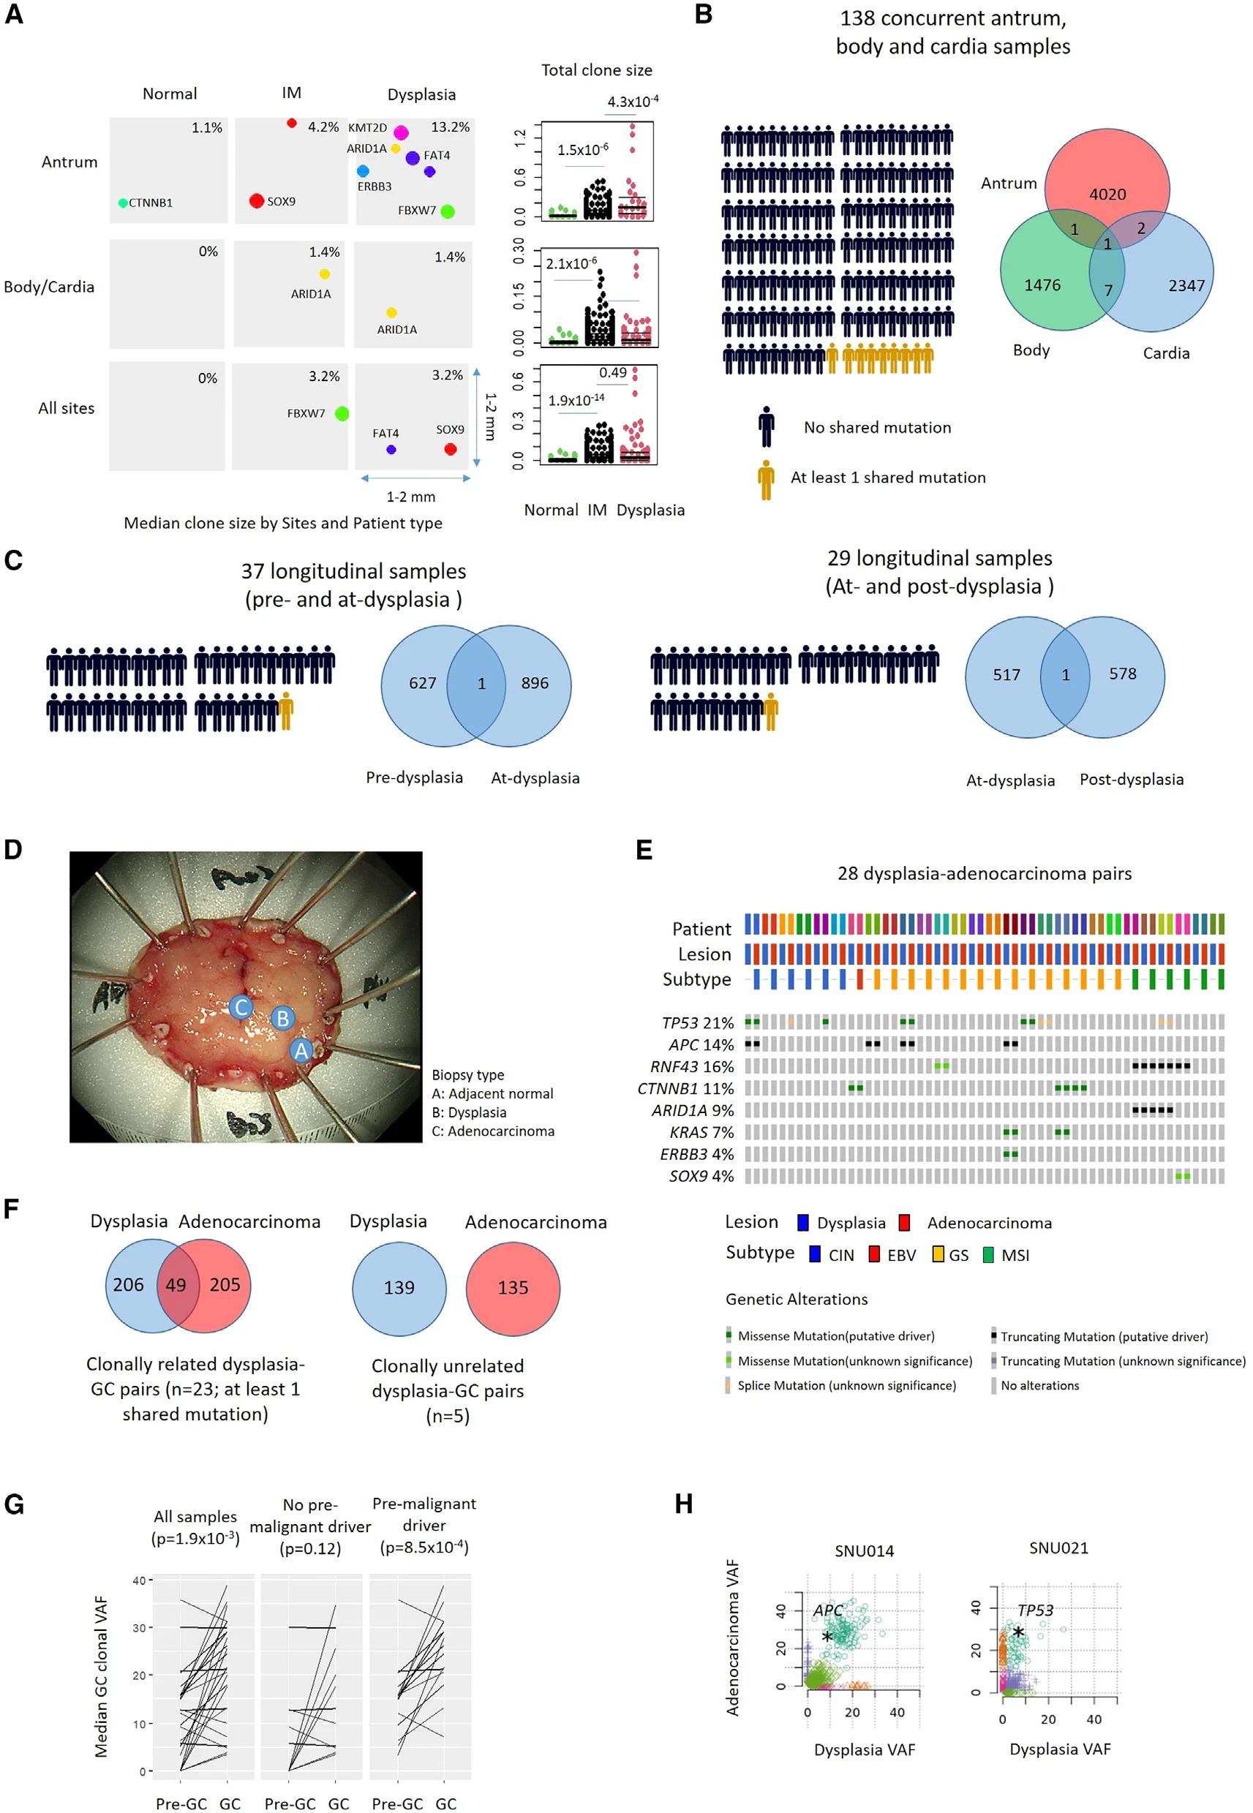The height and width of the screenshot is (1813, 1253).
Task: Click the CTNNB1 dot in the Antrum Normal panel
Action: (122, 203)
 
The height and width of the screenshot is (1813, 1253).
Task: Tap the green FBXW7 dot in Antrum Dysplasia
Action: (448, 211)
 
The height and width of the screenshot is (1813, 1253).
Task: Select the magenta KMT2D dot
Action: (401, 132)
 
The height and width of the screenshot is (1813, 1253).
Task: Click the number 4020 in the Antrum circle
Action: (1107, 194)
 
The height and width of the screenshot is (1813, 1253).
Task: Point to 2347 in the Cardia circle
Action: (1186, 286)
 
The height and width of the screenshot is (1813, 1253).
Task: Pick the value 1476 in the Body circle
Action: (1042, 286)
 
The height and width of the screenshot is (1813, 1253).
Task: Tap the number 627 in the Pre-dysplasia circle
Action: (422, 683)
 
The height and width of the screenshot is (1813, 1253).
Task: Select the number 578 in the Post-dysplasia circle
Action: (1123, 674)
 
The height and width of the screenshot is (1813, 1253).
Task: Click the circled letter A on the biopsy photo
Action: (301, 1050)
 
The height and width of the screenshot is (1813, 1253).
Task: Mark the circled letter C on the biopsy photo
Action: (241, 1007)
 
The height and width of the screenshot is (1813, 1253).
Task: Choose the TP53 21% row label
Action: (697, 1022)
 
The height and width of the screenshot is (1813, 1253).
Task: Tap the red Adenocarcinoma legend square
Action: (904, 1223)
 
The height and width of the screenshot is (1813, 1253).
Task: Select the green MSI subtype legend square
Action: (988, 1254)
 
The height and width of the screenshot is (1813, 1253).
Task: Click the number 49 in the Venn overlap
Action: (176, 1285)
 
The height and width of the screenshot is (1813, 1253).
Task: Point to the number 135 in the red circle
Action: (513, 1287)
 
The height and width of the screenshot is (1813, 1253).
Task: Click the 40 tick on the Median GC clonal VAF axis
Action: (138, 1580)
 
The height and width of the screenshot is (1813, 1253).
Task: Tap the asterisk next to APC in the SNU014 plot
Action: (827, 1637)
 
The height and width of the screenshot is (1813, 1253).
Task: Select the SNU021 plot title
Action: (1058, 1548)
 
